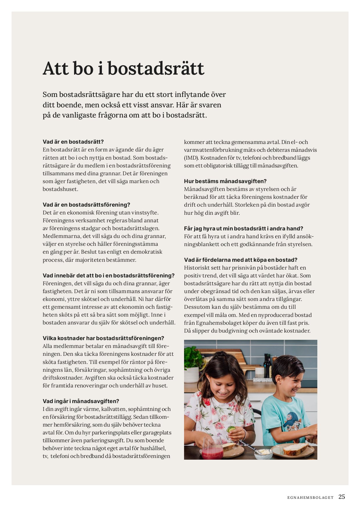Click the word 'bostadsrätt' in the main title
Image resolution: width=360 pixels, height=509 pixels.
coord(156,69)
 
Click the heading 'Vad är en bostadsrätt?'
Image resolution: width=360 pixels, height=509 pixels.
coord(73,142)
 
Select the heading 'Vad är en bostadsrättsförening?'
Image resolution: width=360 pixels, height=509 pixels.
coord(87,205)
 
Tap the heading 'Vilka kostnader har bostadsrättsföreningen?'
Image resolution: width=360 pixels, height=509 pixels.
coord(103,338)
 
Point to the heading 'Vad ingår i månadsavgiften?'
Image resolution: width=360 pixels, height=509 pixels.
coord(81,401)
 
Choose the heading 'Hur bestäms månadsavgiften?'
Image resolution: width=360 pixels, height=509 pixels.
coord(225,181)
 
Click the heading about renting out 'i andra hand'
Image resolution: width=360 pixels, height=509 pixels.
coord(244,229)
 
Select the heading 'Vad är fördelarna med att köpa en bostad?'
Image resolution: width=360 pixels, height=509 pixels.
coord(241,260)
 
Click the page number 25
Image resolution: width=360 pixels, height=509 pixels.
coord(342,497)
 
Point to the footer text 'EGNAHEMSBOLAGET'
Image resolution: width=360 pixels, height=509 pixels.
coord(310,497)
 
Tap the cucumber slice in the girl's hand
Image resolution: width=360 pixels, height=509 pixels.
coord(231,429)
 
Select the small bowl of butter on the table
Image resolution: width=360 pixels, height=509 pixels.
coord(263,453)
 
